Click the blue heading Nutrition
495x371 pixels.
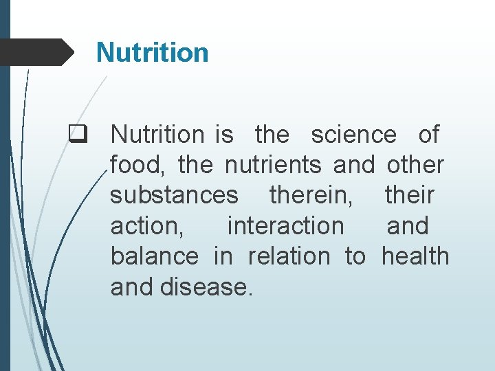pyautogui.click(x=152, y=52)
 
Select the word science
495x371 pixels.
pyautogui.click(x=353, y=135)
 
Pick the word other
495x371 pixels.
pyautogui.click(x=415, y=166)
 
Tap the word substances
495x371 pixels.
pyautogui.click(x=174, y=196)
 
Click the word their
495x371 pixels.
pyautogui.click(x=409, y=196)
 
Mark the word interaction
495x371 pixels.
pyautogui.click(x=285, y=226)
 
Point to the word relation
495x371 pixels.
pyautogui.click(x=289, y=256)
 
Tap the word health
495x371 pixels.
pyautogui.click(x=415, y=256)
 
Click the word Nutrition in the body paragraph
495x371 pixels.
pyautogui.click(x=157, y=135)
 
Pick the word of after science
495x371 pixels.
pyautogui.click(x=428, y=135)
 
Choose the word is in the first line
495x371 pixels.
pyautogui.click(x=225, y=135)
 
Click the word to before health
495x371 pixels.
pyautogui.click(x=355, y=256)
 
